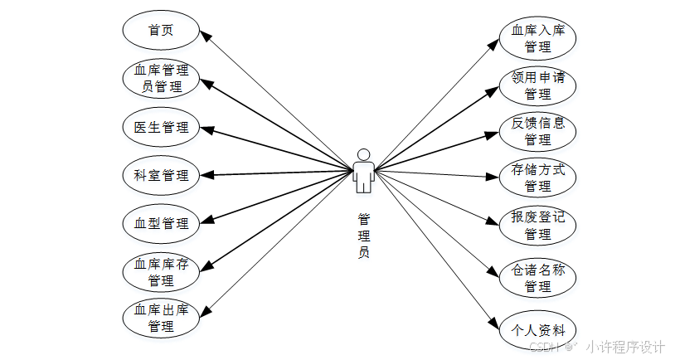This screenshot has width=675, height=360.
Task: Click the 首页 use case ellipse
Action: [161, 31]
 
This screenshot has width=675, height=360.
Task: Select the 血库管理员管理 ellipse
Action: [161, 77]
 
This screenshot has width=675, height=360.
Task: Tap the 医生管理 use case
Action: [161, 127]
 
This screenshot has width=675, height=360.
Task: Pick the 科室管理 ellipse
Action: [161, 176]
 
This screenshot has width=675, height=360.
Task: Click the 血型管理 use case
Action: [161, 223]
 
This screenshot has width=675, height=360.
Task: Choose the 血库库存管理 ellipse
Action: [161, 273]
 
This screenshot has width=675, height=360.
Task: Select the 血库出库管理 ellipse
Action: [161, 318]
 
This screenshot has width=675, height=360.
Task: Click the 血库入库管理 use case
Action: [538, 38]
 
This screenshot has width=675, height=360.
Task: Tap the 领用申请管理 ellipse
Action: [538, 85]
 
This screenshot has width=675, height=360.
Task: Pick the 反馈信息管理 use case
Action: [538, 131]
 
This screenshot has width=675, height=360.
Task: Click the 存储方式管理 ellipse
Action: [538, 178]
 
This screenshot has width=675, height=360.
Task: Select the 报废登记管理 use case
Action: [538, 226]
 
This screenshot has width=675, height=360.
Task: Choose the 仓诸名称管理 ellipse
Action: [538, 278]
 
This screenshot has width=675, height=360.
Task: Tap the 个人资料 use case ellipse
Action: [538, 329]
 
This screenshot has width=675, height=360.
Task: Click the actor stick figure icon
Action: [362, 171]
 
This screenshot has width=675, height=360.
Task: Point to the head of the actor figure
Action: [362, 153]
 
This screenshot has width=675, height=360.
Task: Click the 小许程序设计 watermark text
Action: [626, 347]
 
